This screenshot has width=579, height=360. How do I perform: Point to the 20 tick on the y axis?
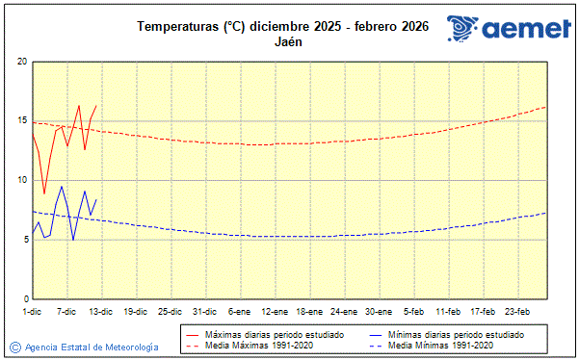pos(23,62)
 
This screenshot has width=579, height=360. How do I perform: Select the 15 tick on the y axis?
pos(23,121)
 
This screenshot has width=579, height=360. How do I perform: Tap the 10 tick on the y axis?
pos(23,180)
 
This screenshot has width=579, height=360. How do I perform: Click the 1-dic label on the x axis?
pos(32,312)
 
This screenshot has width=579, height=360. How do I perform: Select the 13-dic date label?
pos(101,312)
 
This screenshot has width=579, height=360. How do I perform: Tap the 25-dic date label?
pos(171,312)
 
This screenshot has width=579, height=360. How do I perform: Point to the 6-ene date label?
pos(240,312)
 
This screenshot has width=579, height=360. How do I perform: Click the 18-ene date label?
pos(309,312)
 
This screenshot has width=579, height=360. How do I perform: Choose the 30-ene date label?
pos(379,312)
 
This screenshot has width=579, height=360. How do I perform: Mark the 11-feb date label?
pos(448,312)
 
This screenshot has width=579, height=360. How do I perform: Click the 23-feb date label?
pos(517,312)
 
